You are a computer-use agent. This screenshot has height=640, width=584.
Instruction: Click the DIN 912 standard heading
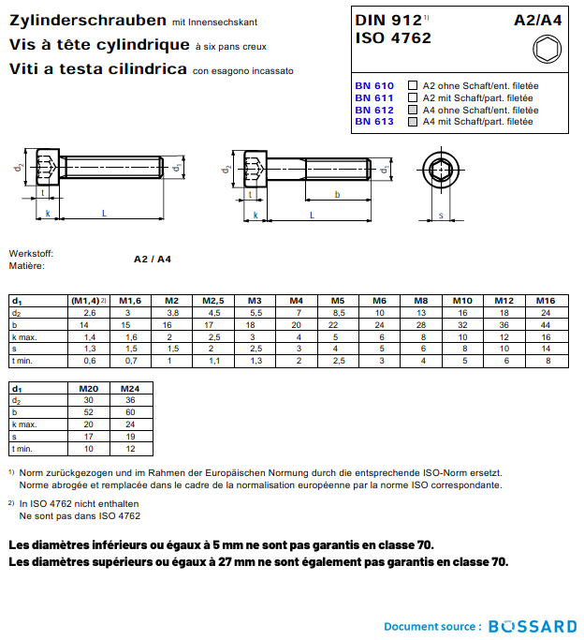pyautogui.click(x=389, y=20)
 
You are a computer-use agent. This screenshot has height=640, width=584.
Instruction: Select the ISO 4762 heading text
pyautogui.click(x=393, y=38)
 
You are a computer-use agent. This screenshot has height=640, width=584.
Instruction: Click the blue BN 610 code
pyautogui.click(x=373, y=86)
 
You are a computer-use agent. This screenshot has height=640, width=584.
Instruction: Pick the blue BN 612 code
pyautogui.click(x=373, y=110)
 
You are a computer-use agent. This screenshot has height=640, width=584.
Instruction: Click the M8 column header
pyautogui.click(x=421, y=300)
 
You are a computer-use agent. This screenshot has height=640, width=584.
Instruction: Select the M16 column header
pyautogui.click(x=546, y=300)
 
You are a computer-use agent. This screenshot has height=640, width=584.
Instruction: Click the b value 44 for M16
pyautogui.click(x=546, y=324)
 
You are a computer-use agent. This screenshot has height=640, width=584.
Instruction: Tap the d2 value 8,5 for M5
pyautogui.click(x=339, y=312)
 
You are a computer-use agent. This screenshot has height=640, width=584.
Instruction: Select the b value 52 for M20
pyautogui.click(x=89, y=411)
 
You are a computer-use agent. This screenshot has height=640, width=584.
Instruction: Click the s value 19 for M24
pyautogui.click(x=131, y=436)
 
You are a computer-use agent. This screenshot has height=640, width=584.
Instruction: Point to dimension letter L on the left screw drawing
pyautogui.click(x=104, y=215)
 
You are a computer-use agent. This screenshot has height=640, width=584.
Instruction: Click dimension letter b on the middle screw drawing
pyautogui.click(x=337, y=194)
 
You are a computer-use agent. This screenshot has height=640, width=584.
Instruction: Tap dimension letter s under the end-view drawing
pyautogui.click(x=441, y=215)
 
